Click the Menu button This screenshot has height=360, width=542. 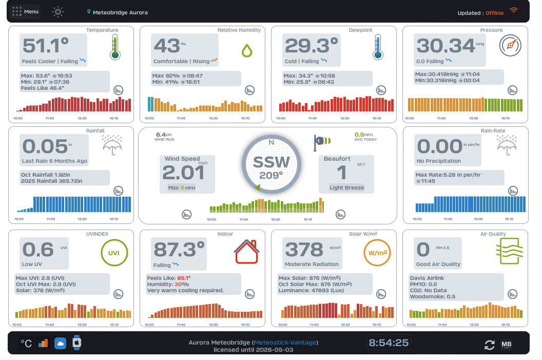point(25,12)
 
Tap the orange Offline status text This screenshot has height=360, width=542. point(495,13)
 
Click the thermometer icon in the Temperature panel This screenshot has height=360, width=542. point(114,47)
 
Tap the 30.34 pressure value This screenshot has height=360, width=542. point(446,46)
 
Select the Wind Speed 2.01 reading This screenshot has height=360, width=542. point(183,173)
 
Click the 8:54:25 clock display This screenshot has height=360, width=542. point(389,343)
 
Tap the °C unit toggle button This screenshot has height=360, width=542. point(26,343)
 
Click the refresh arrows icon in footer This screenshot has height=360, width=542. point(490,345)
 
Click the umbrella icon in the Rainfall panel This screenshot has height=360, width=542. point(113,145)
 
